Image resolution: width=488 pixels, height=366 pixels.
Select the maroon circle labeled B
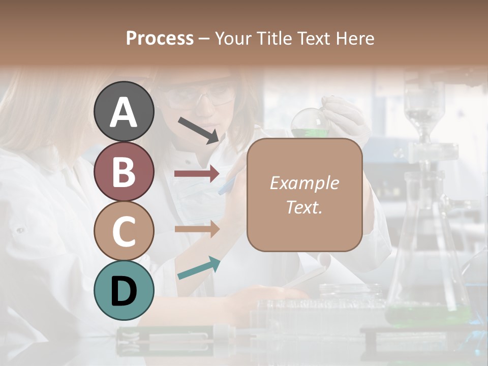click(124, 171)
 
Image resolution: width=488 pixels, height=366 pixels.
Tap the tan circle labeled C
click(124, 231)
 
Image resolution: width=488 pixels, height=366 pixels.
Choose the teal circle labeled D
click(124, 291)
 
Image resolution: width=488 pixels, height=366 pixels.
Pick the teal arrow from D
click(199, 268)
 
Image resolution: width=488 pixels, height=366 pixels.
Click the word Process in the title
click(160, 38)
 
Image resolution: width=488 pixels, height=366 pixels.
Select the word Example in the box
click(304, 183)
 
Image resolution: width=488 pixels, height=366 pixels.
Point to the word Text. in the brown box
click(304, 207)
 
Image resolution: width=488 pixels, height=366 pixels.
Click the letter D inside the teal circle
click(124, 291)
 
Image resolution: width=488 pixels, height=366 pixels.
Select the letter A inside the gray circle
click(124, 113)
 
